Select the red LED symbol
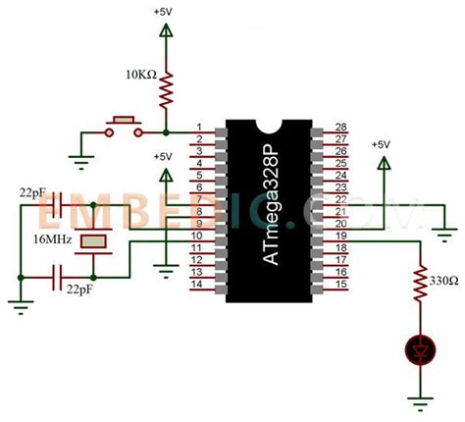(x=421, y=347)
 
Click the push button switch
(x=125, y=125)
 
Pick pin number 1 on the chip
(x=200, y=128)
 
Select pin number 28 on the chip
(x=341, y=128)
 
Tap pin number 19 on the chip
(x=341, y=237)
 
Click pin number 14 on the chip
(x=200, y=285)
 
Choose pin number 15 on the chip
(x=341, y=285)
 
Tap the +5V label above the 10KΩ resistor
(x=165, y=12)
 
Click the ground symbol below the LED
(x=421, y=400)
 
